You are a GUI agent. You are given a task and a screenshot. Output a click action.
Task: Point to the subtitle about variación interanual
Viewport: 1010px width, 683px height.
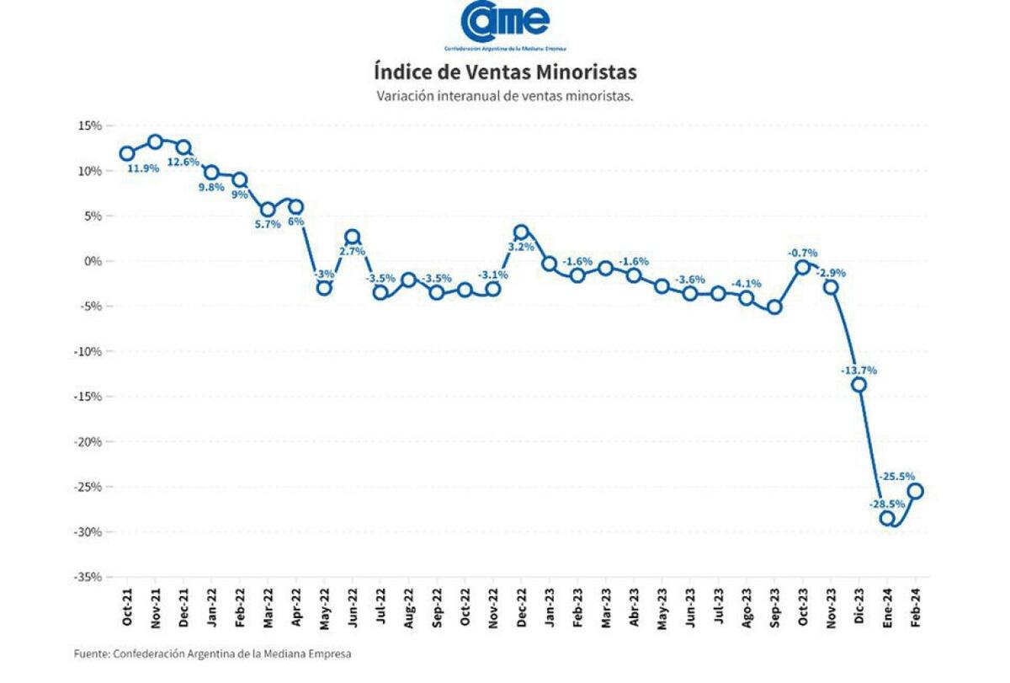(x=505, y=96)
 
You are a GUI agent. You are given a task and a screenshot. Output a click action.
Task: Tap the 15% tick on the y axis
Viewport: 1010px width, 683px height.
(x=90, y=125)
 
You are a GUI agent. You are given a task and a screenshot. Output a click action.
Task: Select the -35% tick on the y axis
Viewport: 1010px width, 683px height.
(x=88, y=577)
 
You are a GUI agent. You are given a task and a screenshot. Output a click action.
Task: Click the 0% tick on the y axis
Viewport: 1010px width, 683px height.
(x=93, y=261)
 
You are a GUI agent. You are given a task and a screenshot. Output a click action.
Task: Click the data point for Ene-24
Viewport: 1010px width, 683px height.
(x=887, y=518)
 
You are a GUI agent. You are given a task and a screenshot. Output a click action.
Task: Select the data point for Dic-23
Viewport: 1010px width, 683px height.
(x=858, y=385)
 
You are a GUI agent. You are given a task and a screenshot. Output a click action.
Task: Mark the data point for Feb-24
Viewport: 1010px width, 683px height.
(x=915, y=491)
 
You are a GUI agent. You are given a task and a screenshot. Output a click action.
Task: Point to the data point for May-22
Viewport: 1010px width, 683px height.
(x=324, y=288)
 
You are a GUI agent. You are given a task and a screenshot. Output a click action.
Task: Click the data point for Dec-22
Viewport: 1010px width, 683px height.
(x=521, y=232)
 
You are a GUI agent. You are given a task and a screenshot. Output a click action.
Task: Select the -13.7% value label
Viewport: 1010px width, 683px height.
(x=858, y=370)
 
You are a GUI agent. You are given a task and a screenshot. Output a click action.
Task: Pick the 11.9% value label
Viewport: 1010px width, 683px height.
(x=143, y=168)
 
